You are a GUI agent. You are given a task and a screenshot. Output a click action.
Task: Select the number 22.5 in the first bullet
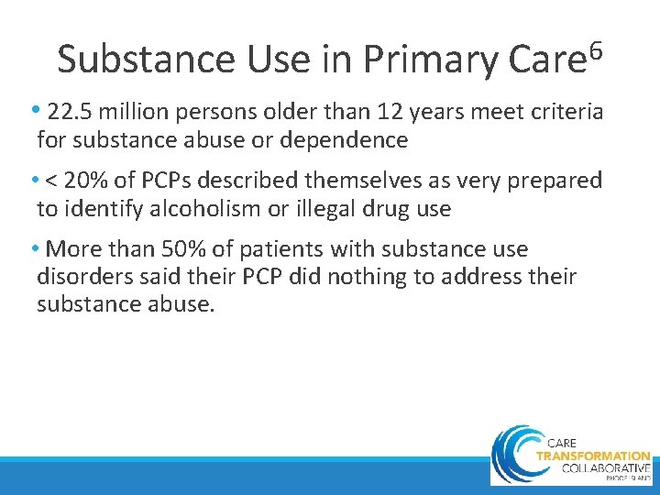(71, 113)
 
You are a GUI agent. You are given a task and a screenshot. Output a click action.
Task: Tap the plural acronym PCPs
(179, 181)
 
